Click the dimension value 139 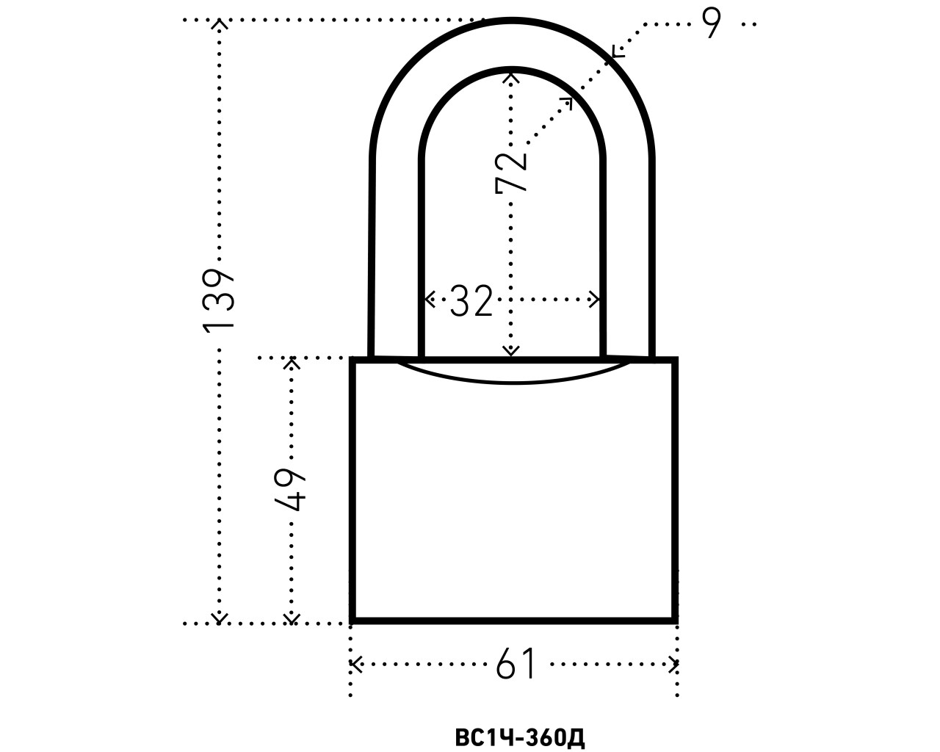pos(218,300)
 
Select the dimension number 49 pos(291,488)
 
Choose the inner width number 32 pos(471,300)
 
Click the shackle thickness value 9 pos(711,25)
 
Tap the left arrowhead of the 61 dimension pos(355,665)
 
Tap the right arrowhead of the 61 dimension pos(673,665)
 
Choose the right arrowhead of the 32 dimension pos(596,300)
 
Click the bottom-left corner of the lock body pos(353,621)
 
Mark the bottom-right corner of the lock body pos(675,621)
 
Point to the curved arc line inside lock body pos(514,382)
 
